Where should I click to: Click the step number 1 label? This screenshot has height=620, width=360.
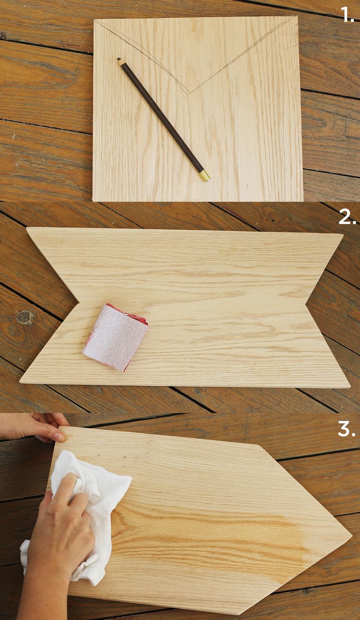click(347, 15)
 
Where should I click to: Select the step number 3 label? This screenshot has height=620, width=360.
click(346, 429)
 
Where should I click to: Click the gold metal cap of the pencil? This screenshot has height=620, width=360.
click(204, 176)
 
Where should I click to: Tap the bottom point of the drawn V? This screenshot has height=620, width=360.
click(189, 94)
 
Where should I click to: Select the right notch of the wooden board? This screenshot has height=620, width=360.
click(306, 304)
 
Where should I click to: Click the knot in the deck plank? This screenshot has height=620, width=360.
click(25, 317)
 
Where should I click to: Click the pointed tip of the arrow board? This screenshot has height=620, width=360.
click(351, 535)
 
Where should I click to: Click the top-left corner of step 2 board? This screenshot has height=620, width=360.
click(27, 228)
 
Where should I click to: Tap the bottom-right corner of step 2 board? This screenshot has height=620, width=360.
click(350, 386)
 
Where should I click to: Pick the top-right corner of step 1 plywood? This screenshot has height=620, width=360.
click(297, 16)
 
